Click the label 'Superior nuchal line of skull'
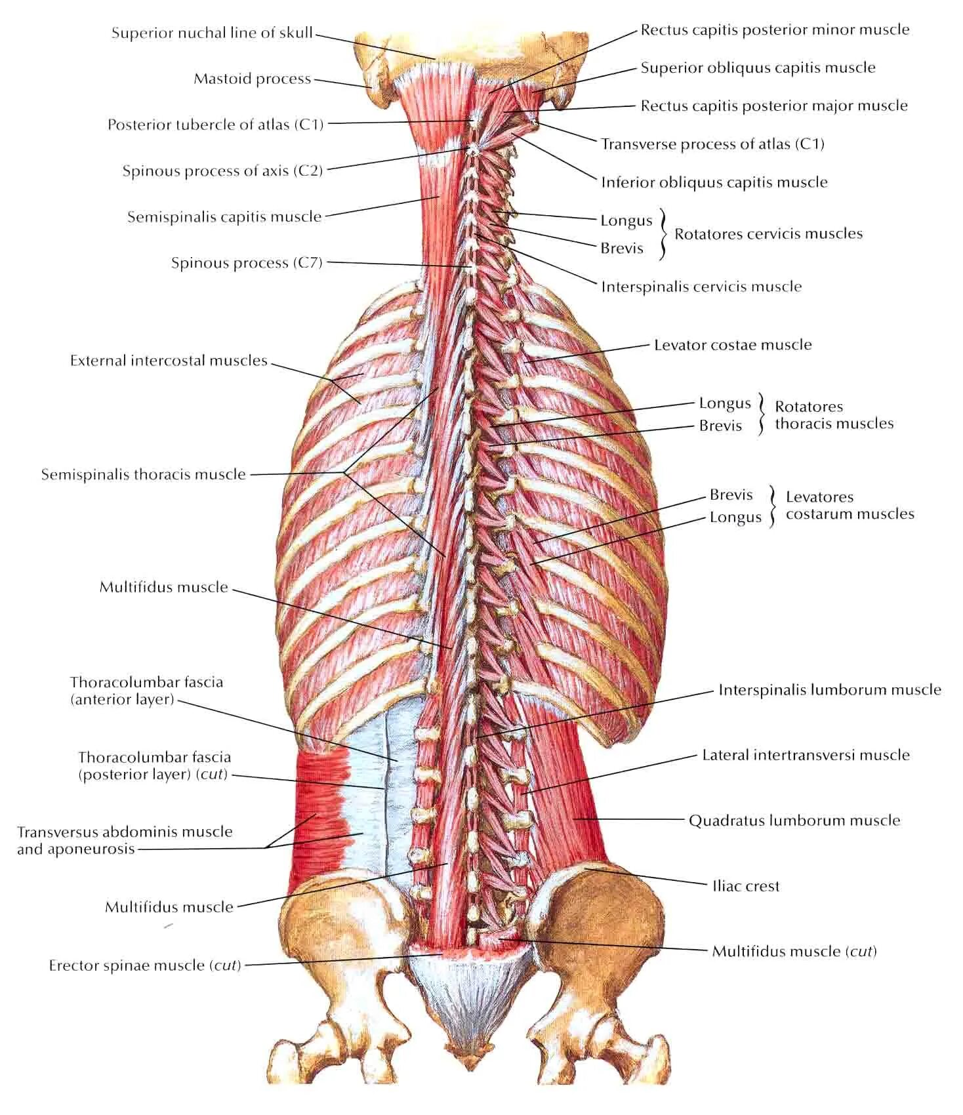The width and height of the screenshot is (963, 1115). [x=211, y=33]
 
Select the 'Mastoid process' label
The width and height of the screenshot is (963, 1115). [x=252, y=79]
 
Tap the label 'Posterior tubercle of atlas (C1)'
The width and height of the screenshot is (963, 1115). [x=215, y=125]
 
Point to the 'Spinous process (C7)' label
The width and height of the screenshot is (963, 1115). [x=247, y=263]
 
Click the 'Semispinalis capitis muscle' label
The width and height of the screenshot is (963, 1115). [x=224, y=216]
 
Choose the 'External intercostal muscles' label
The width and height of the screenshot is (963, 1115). [x=169, y=360]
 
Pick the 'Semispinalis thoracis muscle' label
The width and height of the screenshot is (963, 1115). [x=143, y=474]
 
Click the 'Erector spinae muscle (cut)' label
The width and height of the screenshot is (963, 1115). [x=145, y=965]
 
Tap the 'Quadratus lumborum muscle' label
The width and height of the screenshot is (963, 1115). [x=794, y=820]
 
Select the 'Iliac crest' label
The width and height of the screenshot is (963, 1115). [x=746, y=886]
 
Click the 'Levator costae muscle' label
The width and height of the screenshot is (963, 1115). [x=733, y=344]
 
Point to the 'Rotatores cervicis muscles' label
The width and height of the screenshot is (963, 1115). [x=768, y=233]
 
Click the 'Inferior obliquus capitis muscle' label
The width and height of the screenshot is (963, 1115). [x=714, y=182]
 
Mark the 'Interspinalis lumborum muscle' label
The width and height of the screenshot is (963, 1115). [x=829, y=689]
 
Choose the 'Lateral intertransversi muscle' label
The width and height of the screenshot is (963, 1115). [x=806, y=755]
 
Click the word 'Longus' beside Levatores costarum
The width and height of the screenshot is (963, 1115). [x=735, y=517]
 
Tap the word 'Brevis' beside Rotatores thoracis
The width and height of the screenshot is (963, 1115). [x=720, y=426]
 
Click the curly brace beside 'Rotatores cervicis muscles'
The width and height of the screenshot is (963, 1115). [x=663, y=234]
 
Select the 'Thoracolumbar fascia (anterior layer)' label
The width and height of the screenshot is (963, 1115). [x=146, y=691]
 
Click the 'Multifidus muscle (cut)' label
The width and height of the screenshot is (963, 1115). [x=794, y=951]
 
